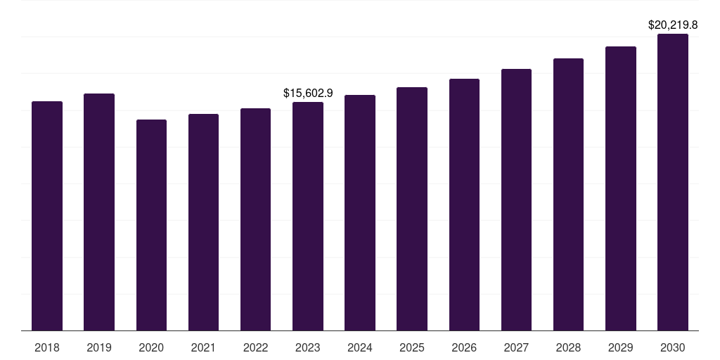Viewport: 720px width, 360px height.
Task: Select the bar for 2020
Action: (x=151, y=225)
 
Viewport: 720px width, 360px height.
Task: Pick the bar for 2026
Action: (x=464, y=205)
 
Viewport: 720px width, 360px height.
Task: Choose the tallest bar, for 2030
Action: (x=673, y=182)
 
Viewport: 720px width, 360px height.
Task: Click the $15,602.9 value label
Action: (x=308, y=93)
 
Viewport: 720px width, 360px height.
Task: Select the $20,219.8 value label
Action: (x=673, y=25)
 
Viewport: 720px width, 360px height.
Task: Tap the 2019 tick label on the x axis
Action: (x=99, y=347)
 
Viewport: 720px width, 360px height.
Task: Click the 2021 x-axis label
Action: (x=203, y=347)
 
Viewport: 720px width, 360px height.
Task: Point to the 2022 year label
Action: (x=255, y=347)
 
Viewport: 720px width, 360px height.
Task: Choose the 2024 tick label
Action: (x=360, y=347)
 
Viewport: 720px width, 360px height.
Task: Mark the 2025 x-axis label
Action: (x=412, y=347)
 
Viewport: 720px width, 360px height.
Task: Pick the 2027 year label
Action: (x=516, y=347)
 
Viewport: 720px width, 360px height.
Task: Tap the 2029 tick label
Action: (x=620, y=347)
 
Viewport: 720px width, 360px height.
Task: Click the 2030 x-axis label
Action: (x=673, y=347)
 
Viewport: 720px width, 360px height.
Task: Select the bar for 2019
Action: (x=99, y=212)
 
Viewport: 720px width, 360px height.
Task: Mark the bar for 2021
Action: (x=203, y=222)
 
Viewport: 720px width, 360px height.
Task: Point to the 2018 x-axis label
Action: (x=47, y=347)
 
